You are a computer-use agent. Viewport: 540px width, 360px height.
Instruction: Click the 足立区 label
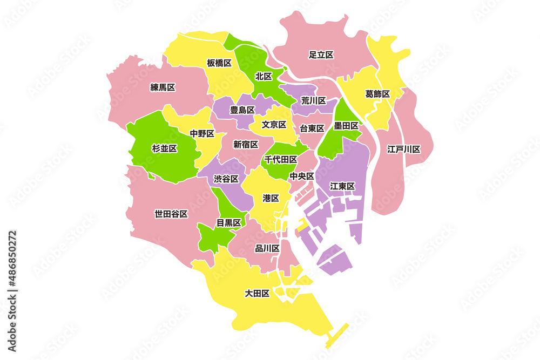coord(321,55)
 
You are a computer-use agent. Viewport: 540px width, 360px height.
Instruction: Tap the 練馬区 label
coord(163,87)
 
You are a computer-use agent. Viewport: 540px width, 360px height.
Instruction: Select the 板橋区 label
coord(219,63)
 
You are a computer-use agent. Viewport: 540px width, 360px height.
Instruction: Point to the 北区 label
coord(264,76)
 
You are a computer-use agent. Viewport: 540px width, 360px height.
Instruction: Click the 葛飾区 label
coord(377,94)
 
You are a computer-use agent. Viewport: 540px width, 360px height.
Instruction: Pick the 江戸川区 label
coord(403,149)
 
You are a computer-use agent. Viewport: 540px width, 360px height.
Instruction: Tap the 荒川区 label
coord(313,100)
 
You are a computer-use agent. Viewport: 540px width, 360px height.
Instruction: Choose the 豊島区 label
coord(242,110)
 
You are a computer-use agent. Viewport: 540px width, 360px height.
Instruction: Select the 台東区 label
coord(312,128)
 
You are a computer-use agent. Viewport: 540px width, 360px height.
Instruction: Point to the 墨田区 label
coord(346,126)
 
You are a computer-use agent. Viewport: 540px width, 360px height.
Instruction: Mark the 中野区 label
coord(202,133)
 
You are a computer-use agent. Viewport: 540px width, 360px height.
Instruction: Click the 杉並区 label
coord(165,148)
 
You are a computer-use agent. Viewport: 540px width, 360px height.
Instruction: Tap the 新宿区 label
coord(246,144)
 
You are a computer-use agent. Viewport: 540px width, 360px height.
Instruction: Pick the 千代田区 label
coord(281,159)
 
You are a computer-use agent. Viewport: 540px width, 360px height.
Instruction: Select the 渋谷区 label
coord(226,179)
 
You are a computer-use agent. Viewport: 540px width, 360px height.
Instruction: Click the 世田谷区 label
coord(171,214)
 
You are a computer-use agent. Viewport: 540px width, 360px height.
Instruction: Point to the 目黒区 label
coord(228,222)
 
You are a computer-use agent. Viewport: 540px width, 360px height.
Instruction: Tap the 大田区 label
coord(257,294)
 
